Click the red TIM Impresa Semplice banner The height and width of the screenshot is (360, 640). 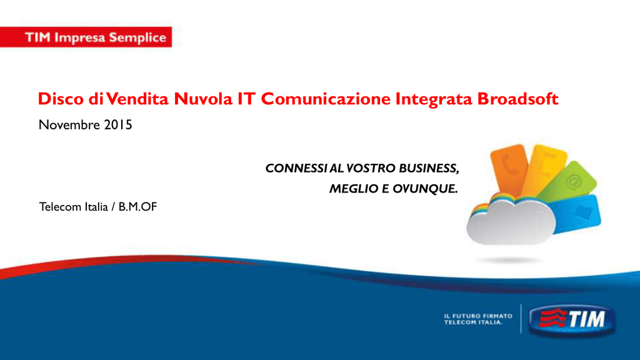[x=86, y=37]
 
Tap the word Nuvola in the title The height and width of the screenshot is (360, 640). [x=203, y=99]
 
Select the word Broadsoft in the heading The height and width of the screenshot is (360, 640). [x=517, y=99]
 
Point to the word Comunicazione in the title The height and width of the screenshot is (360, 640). [x=326, y=99]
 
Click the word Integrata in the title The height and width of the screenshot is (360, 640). [x=434, y=99]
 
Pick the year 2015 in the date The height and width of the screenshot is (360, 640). [x=118, y=125]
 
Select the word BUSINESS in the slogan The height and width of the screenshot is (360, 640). [x=429, y=168]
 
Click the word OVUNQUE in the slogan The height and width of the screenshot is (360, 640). [x=425, y=189]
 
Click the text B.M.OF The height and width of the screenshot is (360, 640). [x=137, y=207]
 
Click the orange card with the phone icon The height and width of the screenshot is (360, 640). [x=508, y=169]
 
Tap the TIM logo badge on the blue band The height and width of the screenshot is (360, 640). [x=572, y=319]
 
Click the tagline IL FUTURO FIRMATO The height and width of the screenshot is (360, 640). [x=478, y=316]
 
